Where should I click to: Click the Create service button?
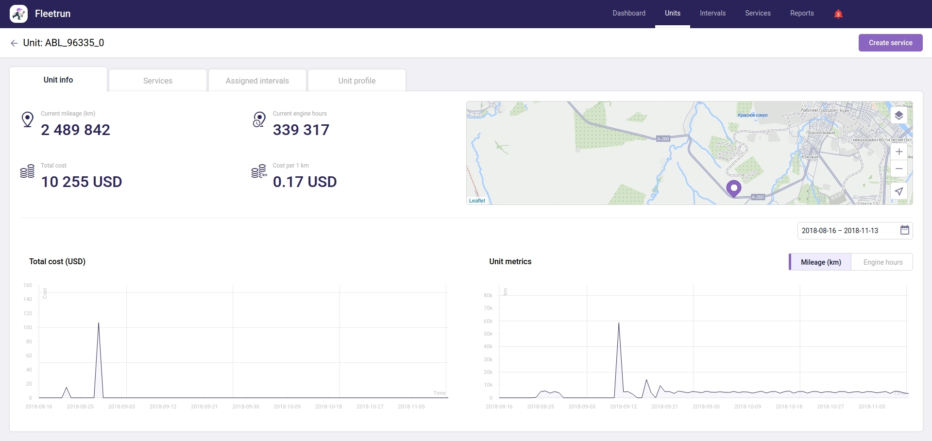click(890, 43)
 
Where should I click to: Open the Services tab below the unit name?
click(158, 81)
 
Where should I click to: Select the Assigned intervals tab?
click(257, 81)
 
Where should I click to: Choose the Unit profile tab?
click(356, 81)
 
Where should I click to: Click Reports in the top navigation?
click(801, 13)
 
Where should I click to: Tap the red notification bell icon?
click(838, 14)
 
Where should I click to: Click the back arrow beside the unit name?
click(14, 43)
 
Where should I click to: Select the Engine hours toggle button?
click(882, 262)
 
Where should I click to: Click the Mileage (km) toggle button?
click(820, 262)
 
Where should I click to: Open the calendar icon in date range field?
click(904, 230)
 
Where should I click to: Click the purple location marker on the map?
click(733, 188)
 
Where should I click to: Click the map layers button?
click(898, 116)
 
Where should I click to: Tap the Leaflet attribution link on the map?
click(477, 201)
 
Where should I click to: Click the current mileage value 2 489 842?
click(76, 130)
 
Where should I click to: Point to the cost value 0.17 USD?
click(305, 182)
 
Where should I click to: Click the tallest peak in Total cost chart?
click(99, 324)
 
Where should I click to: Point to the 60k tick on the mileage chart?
click(488, 321)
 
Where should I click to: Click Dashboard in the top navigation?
click(628, 13)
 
